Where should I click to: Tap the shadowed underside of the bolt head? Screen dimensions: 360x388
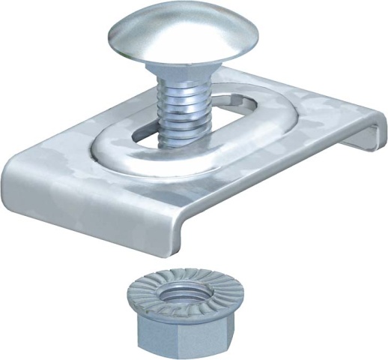tap(184, 61)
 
